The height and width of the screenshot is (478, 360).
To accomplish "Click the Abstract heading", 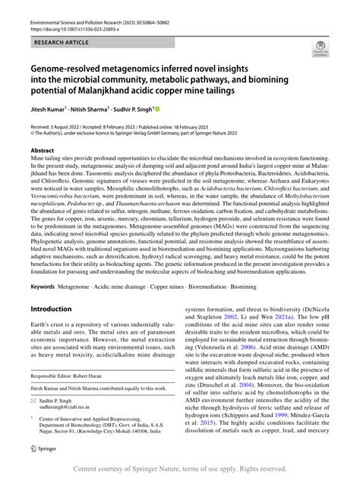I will [42, 151].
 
